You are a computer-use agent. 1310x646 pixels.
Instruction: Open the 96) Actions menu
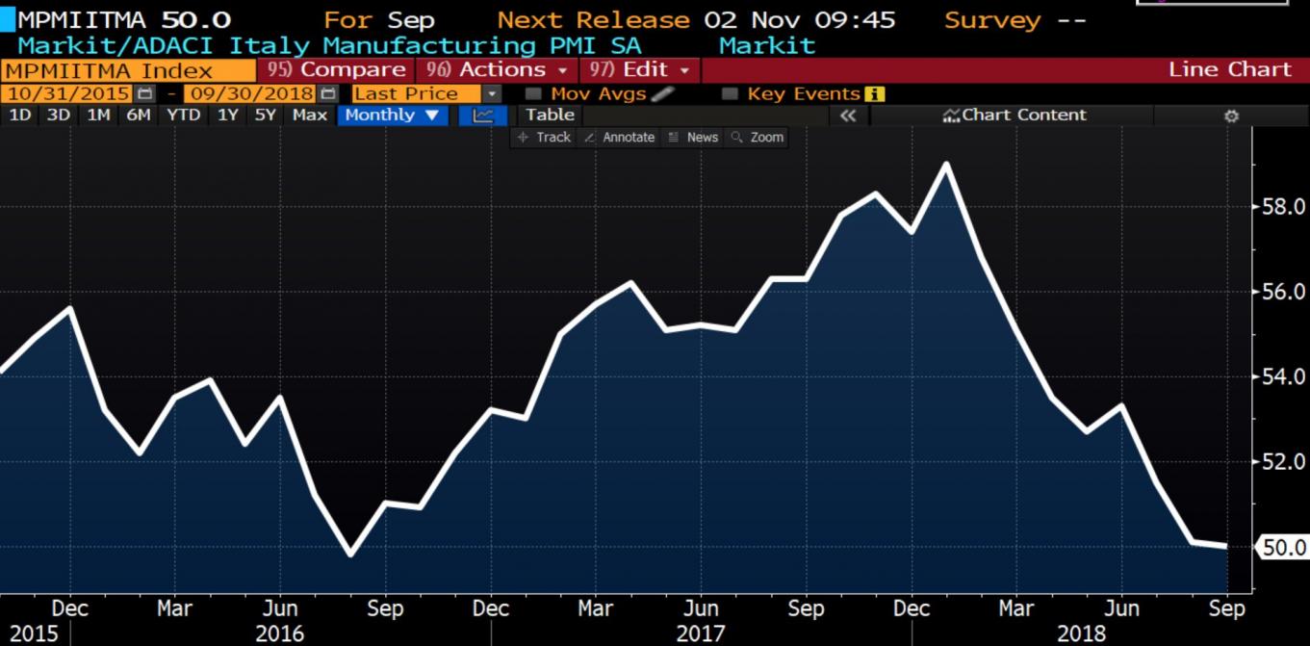click(x=497, y=69)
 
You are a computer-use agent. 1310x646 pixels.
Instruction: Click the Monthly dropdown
click(x=396, y=115)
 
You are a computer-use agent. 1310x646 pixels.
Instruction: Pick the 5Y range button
click(x=265, y=115)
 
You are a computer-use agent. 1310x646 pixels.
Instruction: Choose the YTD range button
click(x=183, y=115)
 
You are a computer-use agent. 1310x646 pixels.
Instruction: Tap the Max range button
click(x=309, y=115)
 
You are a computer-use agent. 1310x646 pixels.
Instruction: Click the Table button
click(x=550, y=115)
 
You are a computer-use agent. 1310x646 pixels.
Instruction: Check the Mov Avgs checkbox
click(x=534, y=93)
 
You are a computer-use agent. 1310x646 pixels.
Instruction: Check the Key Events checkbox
click(x=731, y=93)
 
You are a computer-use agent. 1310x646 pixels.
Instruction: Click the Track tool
click(x=544, y=137)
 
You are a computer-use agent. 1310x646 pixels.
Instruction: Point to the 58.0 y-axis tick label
click(x=1283, y=206)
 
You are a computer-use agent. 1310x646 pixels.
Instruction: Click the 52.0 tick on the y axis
click(x=1283, y=462)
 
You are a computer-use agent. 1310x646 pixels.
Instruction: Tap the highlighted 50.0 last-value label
click(x=1283, y=548)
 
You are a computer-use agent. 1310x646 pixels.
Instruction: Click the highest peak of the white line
click(x=946, y=165)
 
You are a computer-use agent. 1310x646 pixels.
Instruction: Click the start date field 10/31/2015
click(x=68, y=93)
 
